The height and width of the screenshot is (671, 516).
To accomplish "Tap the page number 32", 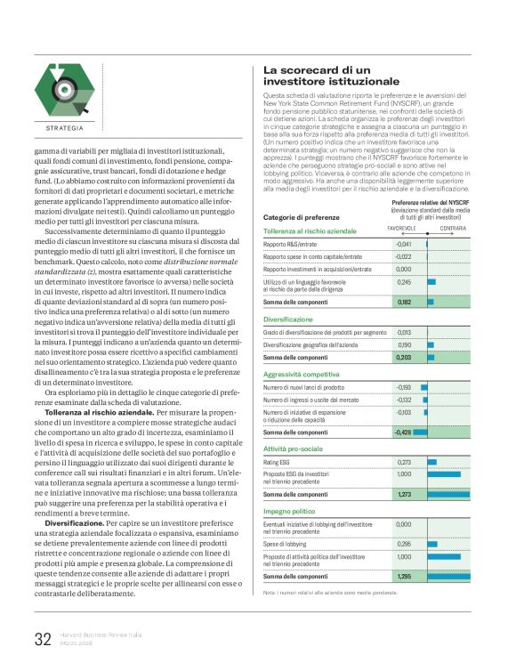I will pos(43,638).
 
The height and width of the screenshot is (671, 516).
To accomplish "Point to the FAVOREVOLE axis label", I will pos(402,229).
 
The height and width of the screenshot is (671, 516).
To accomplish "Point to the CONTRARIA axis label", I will pos(453,229).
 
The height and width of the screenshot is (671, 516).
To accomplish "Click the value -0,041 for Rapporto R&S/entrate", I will pos(404,244).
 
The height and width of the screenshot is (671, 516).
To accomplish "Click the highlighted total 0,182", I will pos(405,302).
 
